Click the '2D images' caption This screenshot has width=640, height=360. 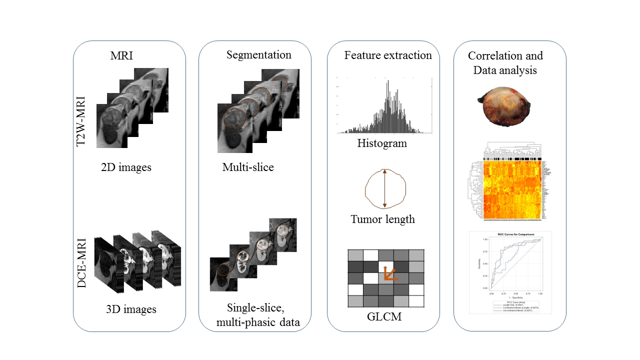126,167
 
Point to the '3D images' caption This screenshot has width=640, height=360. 131,309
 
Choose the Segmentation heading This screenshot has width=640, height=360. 259,54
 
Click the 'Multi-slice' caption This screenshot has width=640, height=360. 248,167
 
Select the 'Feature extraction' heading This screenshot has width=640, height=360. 388,55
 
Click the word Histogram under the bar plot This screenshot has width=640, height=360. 382,143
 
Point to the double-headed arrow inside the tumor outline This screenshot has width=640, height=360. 384,188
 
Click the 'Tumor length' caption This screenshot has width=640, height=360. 382,219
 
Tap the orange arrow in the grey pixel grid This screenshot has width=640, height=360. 388,273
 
